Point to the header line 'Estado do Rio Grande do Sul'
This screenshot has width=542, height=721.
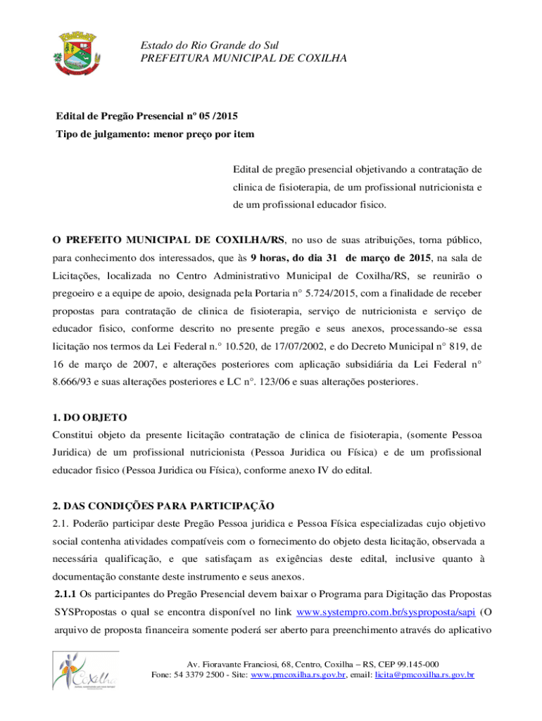click(210, 45)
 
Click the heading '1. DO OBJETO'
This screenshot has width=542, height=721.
click(90, 418)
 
